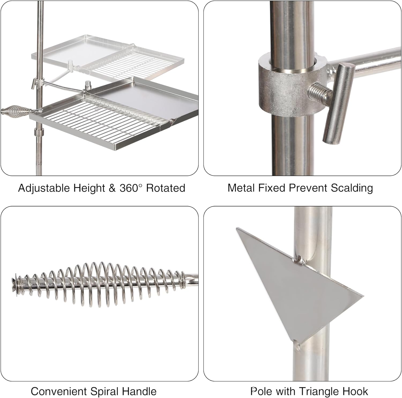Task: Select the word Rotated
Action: pos(166,188)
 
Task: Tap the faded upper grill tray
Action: pos(107,56)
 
